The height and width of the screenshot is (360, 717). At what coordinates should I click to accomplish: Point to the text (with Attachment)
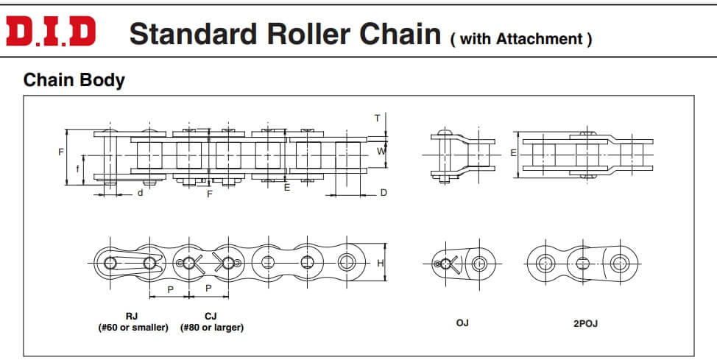point(521,39)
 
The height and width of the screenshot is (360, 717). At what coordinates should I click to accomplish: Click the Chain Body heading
point(74,80)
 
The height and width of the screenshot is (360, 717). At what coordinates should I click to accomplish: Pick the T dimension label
point(377,119)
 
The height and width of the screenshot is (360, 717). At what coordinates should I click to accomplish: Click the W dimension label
point(381,151)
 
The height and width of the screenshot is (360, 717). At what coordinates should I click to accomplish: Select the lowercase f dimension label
point(79,168)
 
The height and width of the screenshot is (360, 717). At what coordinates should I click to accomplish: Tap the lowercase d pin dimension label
point(140,194)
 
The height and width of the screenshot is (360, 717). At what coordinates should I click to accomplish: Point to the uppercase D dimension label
point(384,193)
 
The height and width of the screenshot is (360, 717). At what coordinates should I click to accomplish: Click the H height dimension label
point(380,263)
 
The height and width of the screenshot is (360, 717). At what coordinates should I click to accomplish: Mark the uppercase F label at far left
point(61,152)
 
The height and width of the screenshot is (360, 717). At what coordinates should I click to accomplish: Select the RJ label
point(133,316)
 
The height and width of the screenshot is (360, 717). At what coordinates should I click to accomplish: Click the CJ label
point(211,316)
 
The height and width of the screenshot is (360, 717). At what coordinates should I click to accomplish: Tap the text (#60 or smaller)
point(133,327)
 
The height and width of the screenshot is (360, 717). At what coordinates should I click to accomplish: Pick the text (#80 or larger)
point(212,327)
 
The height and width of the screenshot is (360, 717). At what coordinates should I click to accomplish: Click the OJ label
point(462,322)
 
